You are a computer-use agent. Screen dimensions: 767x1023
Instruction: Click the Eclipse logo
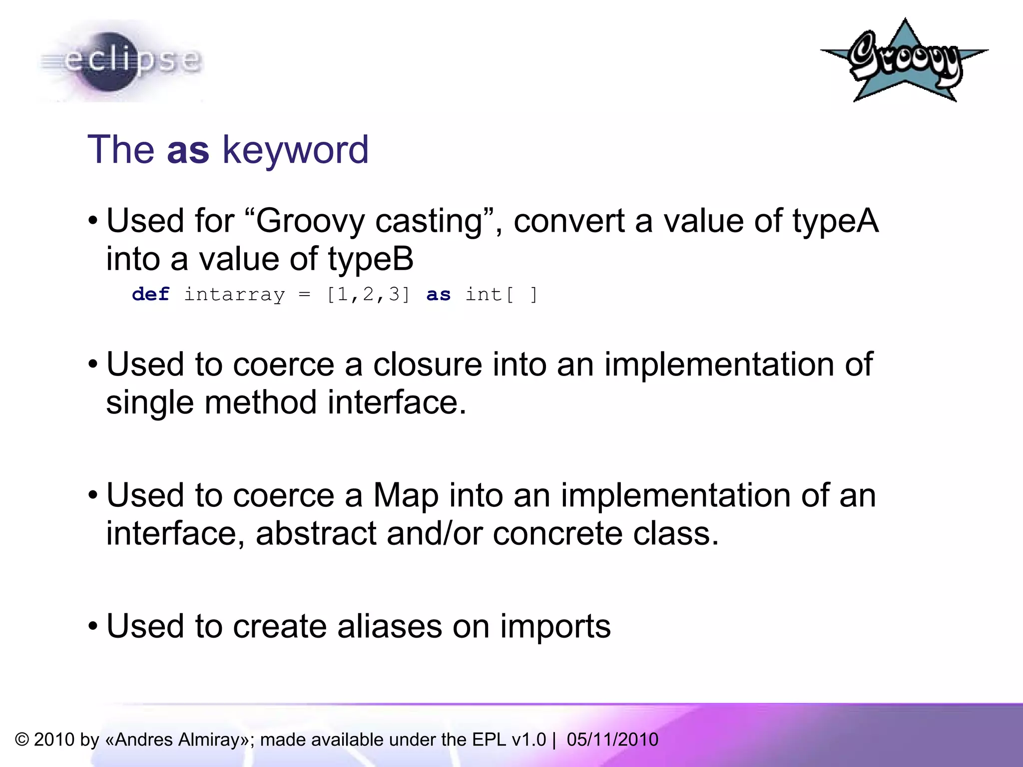coord(120,61)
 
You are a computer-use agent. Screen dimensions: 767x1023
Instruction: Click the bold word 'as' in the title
coord(188,149)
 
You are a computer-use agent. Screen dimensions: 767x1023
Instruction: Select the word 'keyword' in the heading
coord(295,150)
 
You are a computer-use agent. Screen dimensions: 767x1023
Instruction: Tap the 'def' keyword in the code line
coord(150,294)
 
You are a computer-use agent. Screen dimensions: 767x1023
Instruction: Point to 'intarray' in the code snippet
coord(234,294)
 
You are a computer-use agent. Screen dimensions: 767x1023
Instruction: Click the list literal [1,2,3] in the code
coord(368,294)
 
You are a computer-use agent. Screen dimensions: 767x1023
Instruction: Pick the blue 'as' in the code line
coord(438,294)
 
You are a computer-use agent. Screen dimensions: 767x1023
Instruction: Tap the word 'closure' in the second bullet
coord(427,364)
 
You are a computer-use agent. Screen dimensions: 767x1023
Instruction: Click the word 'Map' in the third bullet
coord(405,496)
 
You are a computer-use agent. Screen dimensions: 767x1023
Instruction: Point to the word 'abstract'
coord(316,533)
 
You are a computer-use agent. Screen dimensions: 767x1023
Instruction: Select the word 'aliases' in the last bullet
coord(390,626)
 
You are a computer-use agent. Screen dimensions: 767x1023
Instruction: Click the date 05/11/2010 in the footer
coord(612,740)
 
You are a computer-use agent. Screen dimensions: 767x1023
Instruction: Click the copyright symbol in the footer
coord(22,740)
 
